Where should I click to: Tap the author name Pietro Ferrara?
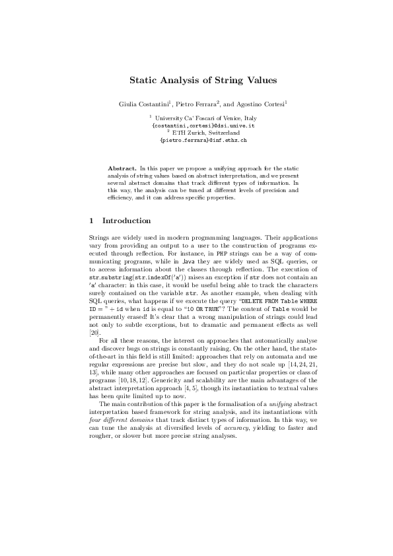click(197, 104)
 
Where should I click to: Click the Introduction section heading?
click(127, 221)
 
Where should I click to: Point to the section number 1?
click(91, 221)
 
